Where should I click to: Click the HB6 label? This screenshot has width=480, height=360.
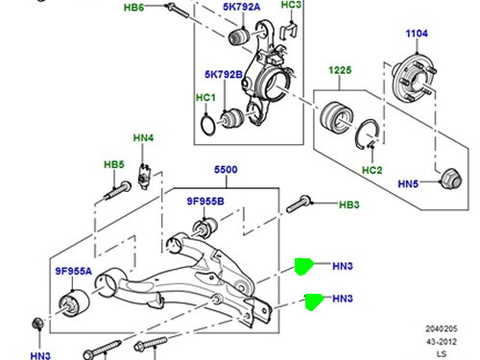133,7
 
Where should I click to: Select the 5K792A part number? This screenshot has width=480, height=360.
242,7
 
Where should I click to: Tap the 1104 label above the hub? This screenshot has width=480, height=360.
417,34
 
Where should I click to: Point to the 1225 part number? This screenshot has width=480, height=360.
340,70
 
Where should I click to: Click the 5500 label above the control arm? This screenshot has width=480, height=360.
226,169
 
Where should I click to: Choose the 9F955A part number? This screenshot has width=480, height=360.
73,271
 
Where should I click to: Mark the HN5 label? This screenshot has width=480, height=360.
408,183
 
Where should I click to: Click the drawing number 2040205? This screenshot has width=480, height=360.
442,328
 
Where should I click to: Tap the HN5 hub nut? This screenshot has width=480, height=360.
451,179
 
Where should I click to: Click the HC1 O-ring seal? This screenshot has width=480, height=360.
207,126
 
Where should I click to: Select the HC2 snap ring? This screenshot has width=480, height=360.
368,133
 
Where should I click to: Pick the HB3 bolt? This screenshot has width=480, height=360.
299,204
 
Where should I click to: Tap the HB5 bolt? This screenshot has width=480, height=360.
118,190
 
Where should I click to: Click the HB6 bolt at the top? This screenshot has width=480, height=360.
177,11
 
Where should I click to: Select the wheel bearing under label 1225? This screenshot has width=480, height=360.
337,117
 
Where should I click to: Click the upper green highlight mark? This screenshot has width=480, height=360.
303,267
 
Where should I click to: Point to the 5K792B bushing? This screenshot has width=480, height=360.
232,118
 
